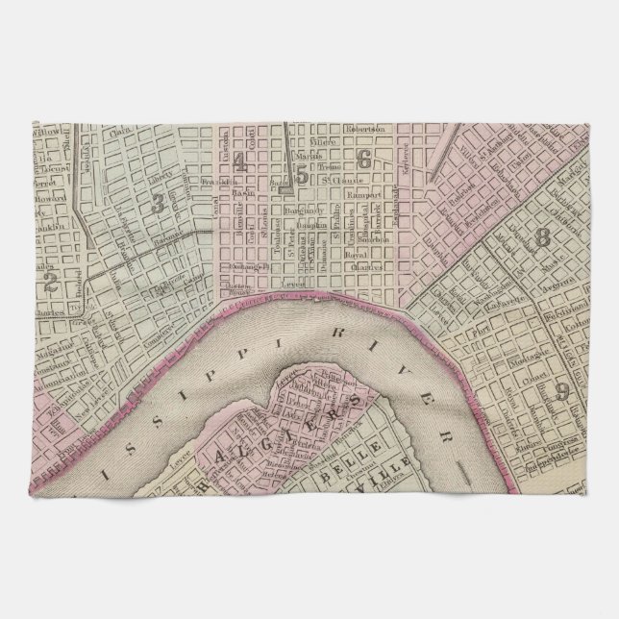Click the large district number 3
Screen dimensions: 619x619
(157, 202)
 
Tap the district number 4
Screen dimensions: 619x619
(238, 165)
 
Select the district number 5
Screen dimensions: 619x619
(303, 175)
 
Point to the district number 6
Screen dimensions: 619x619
(362, 158)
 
